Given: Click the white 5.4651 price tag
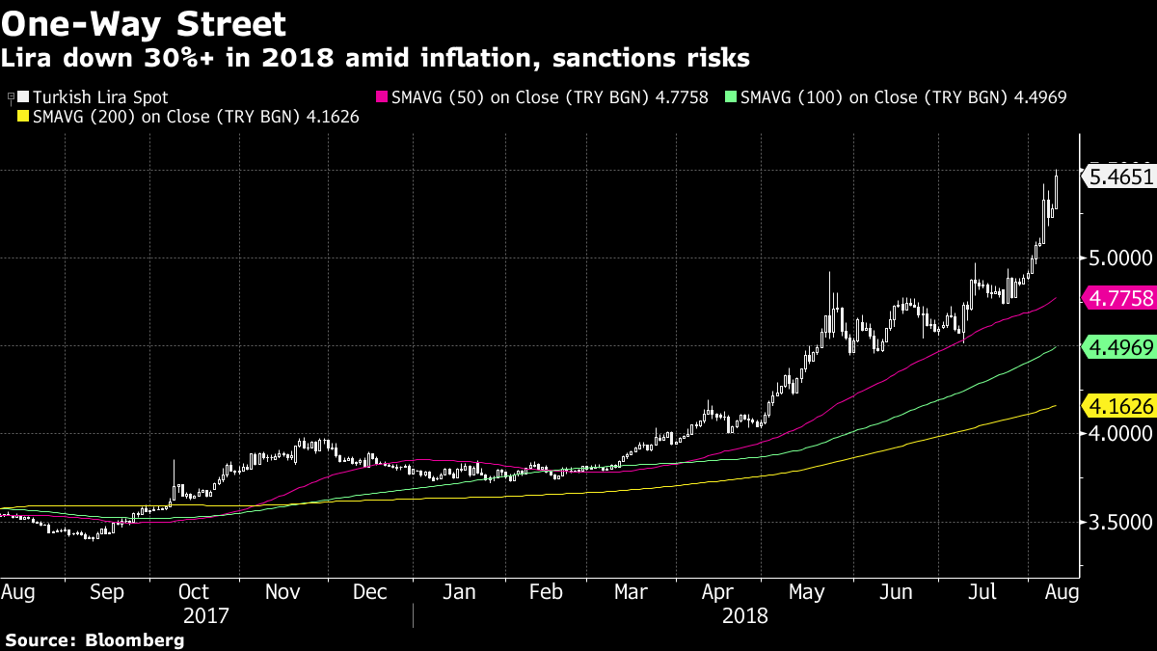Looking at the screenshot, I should pos(1118,176).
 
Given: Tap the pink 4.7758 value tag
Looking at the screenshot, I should pos(1118,298).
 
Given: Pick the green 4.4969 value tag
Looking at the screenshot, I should pos(1118,347).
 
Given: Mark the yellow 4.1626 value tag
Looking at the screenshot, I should pos(1118,406).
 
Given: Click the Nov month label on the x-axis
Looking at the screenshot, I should pos(283,591).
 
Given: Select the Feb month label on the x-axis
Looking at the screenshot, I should pos(546,591).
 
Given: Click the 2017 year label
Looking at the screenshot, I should pos(209,615).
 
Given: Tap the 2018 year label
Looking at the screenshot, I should pos(744,615).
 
